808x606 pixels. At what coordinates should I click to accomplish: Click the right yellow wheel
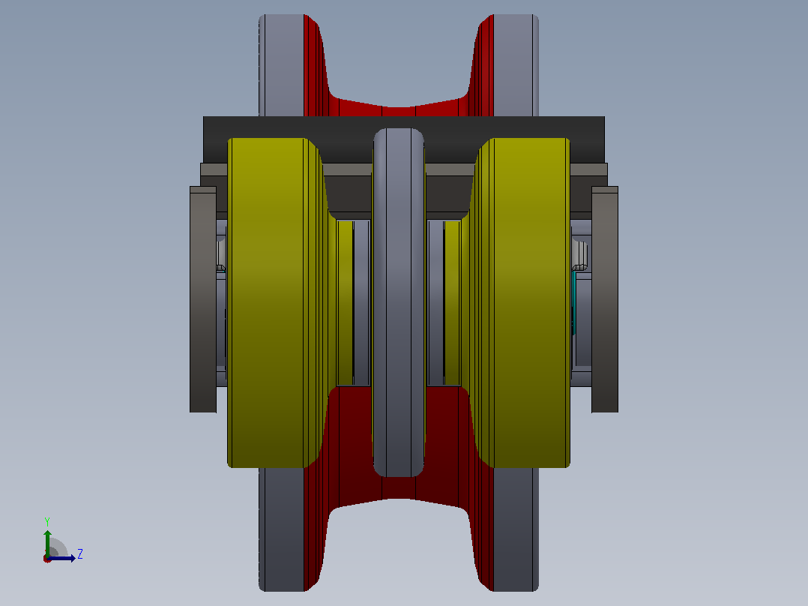(x=525, y=303)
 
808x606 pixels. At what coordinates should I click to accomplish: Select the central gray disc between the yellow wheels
(x=399, y=303)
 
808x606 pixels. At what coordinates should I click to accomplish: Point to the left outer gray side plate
(x=203, y=299)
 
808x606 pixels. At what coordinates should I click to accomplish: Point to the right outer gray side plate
(x=605, y=299)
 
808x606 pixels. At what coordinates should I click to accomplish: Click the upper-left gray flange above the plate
(x=281, y=65)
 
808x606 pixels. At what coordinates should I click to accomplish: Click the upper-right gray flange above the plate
(x=516, y=65)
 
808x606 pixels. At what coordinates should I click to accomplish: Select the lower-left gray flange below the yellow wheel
(x=281, y=529)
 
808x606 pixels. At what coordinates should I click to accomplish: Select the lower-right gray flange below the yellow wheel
(x=516, y=529)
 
